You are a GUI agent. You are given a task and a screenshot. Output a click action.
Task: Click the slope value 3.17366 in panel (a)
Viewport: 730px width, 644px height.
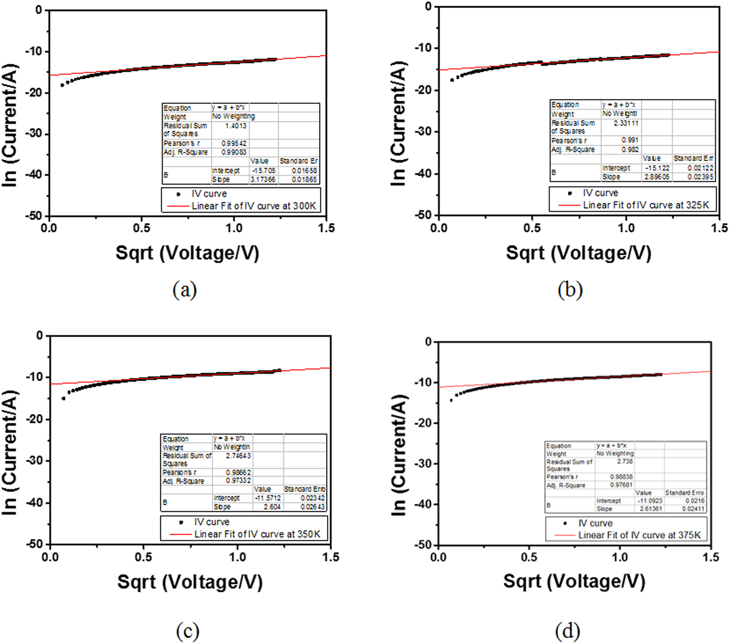pyautogui.click(x=263, y=180)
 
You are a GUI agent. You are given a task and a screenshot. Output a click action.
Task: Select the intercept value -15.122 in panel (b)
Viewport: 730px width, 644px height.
pyautogui.click(x=657, y=168)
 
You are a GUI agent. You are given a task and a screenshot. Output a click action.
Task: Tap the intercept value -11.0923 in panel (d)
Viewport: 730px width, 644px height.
pyautogui.click(x=650, y=501)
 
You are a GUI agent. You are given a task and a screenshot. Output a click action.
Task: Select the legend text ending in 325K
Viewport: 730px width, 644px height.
pyautogui.click(x=645, y=205)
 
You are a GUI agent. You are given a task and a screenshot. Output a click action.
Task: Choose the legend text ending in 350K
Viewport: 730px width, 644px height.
pyautogui.click(x=257, y=534)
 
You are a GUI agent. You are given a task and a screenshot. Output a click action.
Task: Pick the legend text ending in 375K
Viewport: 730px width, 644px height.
pyautogui.click(x=639, y=535)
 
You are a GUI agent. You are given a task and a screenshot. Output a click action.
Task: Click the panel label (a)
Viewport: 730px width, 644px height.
pyautogui.click(x=184, y=290)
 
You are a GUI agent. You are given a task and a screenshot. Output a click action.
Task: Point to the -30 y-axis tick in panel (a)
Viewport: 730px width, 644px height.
pyautogui.click(x=36, y=134)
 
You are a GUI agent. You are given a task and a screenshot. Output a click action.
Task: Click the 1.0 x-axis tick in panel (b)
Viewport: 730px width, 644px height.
pyautogui.click(x=626, y=228)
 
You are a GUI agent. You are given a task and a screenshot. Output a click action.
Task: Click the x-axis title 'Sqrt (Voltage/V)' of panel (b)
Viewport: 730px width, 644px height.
pyautogui.click(x=578, y=253)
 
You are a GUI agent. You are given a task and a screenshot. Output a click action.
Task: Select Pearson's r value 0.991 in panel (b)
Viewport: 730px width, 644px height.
pyautogui.click(x=630, y=140)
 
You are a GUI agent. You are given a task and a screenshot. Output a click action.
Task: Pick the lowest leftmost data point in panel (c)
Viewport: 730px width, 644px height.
pyautogui.click(x=63, y=398)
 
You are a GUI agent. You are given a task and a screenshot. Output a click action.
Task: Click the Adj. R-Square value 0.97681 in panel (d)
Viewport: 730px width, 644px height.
pyautogui.click(x=619, y=485)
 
